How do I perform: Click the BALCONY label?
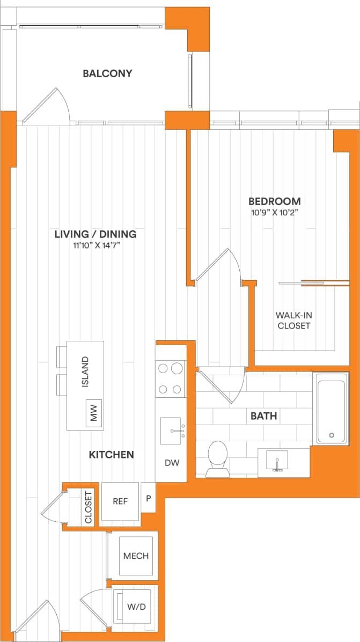[x=107, y=74]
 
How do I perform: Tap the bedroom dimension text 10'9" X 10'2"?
[x=274, y=212]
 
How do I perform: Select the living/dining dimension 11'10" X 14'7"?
[x=95, y=245]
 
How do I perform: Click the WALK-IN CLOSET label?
[x=293, y=320]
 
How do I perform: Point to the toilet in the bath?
[x=218, y=459]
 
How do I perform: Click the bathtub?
[x=330, y=408]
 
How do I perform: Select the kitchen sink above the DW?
[x=171, y=431]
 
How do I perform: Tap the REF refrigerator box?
[x=120, y=501]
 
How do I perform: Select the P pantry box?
[x=148, y=498]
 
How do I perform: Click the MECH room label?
[x=135, y=556]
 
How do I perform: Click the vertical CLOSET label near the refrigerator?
[x=89, y=507]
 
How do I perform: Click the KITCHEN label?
[x=111, y=455]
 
